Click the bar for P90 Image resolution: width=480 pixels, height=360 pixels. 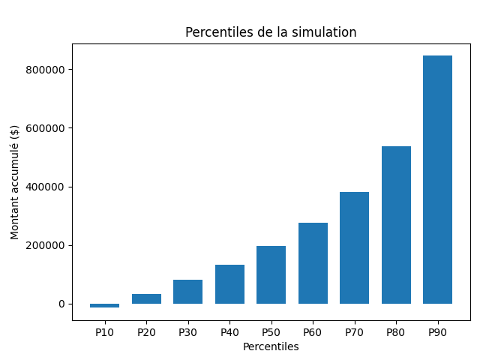(x=437, y=180)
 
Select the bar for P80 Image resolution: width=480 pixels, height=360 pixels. (x=396, y=225)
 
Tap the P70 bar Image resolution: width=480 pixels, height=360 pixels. (x=354, y=247)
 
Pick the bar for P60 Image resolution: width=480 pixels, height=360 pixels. (x=313, y=263)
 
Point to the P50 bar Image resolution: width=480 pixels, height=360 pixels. (x=271, y=274)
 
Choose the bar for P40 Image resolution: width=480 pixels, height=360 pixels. (x=229, y=284)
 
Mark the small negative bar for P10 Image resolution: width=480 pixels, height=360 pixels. (x=104, y=306)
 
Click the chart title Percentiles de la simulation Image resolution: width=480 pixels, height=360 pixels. (x=271, y=32)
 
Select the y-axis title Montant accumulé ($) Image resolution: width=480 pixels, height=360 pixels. (x=15, y=182)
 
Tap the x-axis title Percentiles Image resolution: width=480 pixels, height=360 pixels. (x=271, y=346)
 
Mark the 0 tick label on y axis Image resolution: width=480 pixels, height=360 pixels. (x=61, y=304)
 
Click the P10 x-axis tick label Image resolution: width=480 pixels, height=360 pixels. (x=104, y=331)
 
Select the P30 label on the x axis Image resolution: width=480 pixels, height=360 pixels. (x=187, y=331)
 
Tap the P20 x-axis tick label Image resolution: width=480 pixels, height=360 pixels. (x=146, y=331)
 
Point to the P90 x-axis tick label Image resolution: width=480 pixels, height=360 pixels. (x=437, y=331)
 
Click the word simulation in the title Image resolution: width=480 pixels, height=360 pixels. (x=328, y=32)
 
